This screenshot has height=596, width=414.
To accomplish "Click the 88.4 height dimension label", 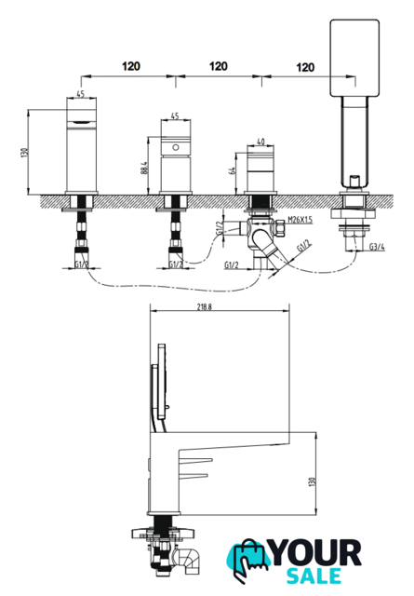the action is (143, 168).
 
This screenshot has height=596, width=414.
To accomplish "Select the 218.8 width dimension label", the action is (205, 307).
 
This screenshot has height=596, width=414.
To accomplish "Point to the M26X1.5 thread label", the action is (300, 220).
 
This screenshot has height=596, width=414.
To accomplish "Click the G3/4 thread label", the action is (377, 247).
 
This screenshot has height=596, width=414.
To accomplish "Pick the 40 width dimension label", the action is (260, 142).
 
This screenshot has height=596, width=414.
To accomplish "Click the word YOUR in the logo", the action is (316, 554).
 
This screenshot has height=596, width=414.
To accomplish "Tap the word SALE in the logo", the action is (314, 576).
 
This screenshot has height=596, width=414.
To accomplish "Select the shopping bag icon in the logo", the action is (248, 559).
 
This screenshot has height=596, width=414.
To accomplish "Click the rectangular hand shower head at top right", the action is (354, 58).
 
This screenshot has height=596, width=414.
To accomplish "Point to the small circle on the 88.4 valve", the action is (176, 147).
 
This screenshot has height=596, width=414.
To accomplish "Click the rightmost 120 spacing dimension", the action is (305, 67).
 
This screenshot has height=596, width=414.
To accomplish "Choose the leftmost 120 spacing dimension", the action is (131, 66).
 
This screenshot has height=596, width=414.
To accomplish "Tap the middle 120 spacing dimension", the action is (219, 66).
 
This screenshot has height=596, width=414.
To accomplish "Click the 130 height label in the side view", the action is (312, 482).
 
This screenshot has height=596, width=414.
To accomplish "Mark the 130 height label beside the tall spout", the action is (24, 153).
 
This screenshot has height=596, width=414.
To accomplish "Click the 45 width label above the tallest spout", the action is (81, 94).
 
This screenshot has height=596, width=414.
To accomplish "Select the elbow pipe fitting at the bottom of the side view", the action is (187, 561).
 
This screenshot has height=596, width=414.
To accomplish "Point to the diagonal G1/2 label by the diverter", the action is (303, 246).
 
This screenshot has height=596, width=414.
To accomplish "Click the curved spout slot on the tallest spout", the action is (81, 122).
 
